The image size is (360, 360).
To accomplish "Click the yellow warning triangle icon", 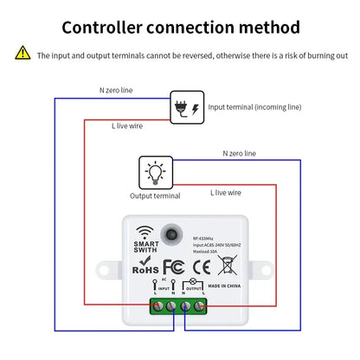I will click(22, 55).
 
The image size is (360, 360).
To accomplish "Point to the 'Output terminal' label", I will click(155, 196).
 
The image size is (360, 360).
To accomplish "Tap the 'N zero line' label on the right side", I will click(239, 153).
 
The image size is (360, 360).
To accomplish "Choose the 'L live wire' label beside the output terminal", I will click(228, 196).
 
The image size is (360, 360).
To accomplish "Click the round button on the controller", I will click(179, 235).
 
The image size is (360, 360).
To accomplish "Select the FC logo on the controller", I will click(173, 267).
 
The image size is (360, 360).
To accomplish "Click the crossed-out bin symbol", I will click(225, 267).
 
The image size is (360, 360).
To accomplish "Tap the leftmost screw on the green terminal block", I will click(157, 305).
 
